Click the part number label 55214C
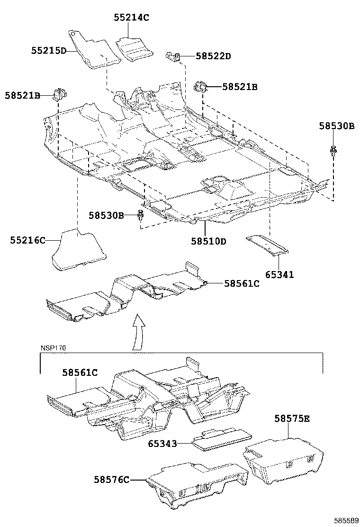131,18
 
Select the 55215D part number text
49,50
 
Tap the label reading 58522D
213,56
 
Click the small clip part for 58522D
173,57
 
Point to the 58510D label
209,241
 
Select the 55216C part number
27,240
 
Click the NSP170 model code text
53,348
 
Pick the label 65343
162,444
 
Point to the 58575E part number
292,418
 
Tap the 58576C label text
111,480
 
